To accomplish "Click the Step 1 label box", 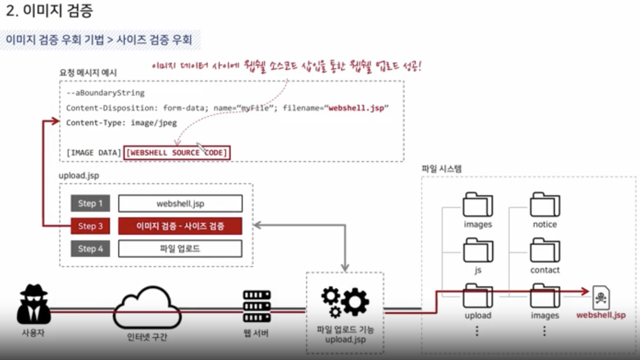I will click(90, 203).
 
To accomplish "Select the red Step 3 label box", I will click(90, 226).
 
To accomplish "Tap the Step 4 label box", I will click(90, 249).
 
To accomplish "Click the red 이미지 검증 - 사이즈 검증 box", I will click(180, 226).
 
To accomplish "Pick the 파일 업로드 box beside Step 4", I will click(180, 249).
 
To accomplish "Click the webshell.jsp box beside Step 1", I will click(180, 203).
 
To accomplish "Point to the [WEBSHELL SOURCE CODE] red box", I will click(177, 153).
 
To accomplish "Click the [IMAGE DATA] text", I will click(93, 153).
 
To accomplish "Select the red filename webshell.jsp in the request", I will click(356, 108).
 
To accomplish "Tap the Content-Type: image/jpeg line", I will click(122, 123).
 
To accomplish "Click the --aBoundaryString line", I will click(105, 93).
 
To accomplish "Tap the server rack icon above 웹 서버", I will click(256, 306).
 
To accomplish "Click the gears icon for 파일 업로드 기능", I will click(345, 302).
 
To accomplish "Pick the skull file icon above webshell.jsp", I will click(601, 298).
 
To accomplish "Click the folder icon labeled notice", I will click(545, 205).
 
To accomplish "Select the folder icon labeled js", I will click(477, 250).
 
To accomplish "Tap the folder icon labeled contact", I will click(545, 250).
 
